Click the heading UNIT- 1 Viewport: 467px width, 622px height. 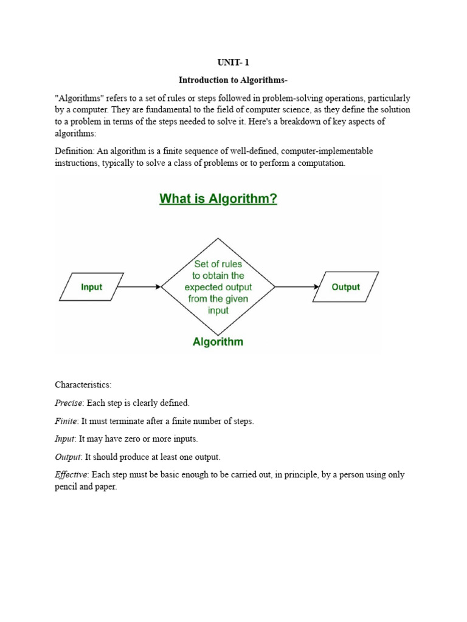pos(233,62)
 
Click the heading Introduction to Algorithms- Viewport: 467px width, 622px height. pos(233,80)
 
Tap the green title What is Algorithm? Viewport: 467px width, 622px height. pos(218,199)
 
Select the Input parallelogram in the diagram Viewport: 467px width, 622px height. pos(92,287)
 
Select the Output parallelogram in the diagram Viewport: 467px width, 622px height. pos(345,287)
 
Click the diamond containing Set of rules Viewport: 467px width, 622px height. pos(218,287)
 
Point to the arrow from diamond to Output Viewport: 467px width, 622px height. pos(297,287)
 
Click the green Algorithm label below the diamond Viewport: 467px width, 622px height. pos(218,341)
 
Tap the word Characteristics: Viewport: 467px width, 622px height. pos(83,384)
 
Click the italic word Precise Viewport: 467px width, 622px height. pos(68,403)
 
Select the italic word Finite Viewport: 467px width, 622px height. pos(66,420)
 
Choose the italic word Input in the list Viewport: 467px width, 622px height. pos(65,439)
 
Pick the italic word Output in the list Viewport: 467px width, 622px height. pos(67,457)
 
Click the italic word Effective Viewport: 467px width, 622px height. pos(71,475)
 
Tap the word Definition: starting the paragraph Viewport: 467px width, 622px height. pos(75,151)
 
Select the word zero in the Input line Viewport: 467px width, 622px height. pos(148,439)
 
